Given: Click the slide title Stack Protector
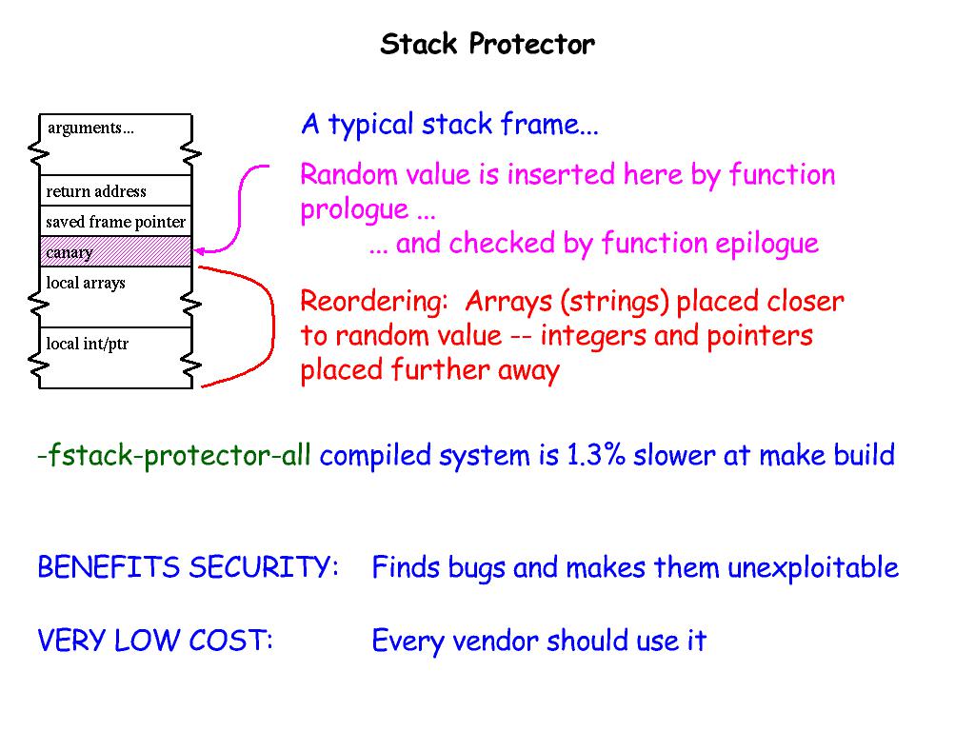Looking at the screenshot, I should (487, 45).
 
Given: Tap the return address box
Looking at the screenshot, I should (115, 191).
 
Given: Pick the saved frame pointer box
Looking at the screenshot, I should (115, 222).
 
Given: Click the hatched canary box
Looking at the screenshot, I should (115, 252).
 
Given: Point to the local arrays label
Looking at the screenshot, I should (86, 284).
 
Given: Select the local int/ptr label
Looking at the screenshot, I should (87, 345).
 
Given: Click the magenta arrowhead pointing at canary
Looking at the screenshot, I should (201, 251).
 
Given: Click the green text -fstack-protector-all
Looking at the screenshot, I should (174, 456).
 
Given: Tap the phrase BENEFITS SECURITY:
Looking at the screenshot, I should (188, 568).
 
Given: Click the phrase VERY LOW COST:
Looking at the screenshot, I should (155, 641).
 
